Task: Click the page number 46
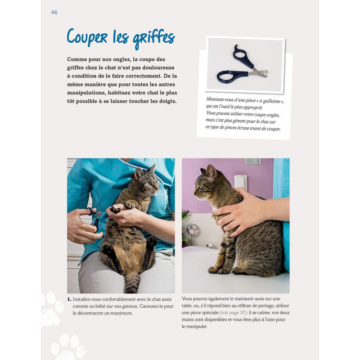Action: pyautogui.click(x=54, y=12)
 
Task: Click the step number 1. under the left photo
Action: pyautogui.click(x=69, y=299)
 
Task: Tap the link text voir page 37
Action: pyautogui.click(x=235, y=312)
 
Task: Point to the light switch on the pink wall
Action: pyautogui.click(x=240, y=182)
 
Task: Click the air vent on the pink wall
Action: pyautogui.click(x=252, y=162)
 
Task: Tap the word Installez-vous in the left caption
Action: pyautogui.click(x=88, y=299)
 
